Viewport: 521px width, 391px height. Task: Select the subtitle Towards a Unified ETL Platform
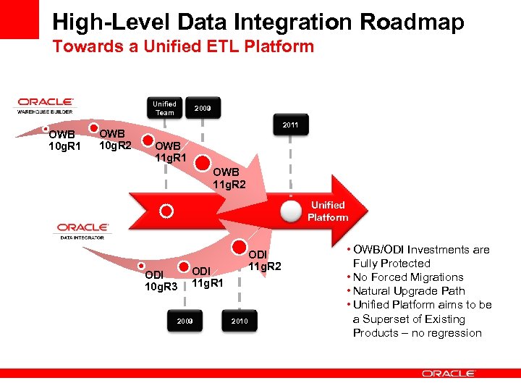(x=183, y=47)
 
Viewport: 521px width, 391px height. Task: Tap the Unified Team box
(x=165, y=108)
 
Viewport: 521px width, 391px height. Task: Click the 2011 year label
(x=290, y=125)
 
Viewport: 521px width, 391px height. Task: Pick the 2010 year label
(x=240, y=320)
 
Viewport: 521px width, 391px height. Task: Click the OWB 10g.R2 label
(x=115, y=139)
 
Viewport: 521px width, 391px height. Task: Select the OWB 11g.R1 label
(x=171, y=151)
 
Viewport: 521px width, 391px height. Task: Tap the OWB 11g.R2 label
(x=229, y=178)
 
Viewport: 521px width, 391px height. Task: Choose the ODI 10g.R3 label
(x=161, y=281)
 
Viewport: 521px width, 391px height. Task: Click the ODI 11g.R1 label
(x=208, y=277)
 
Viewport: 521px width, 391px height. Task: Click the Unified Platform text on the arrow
(x=328, y=211)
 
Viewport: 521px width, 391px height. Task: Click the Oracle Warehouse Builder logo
(x=46, y=105)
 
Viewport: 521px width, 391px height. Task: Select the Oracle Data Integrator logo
(x=83, y=230)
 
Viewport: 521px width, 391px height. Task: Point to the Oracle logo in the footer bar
(x=448, y=374)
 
